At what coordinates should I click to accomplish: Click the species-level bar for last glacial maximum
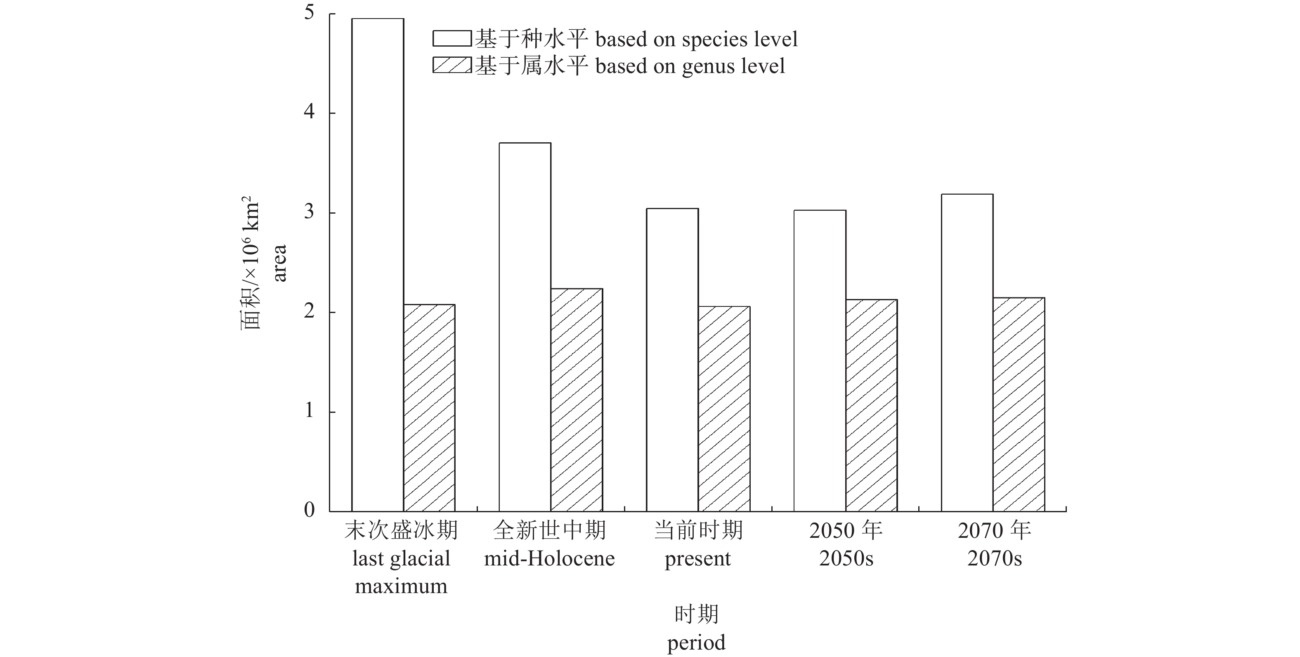[378, 265]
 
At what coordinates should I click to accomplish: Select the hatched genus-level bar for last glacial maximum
[429, 408]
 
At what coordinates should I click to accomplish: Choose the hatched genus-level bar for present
[724, 409]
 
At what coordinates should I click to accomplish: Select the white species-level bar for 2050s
[820, 360]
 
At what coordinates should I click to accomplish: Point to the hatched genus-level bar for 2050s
[871, 405]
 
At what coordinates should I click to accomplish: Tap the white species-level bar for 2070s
[967, 353]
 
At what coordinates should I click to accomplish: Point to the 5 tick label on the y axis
[309, 13]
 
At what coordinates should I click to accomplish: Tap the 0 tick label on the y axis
[309, 510]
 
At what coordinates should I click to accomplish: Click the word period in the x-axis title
[697, 643]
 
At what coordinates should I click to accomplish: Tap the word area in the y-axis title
[279, 263]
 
